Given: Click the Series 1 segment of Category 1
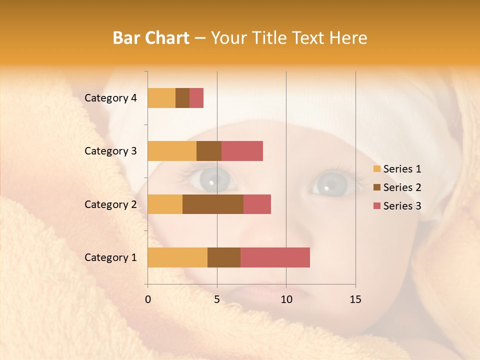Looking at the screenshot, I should pyautogui.click(x=177, y=257).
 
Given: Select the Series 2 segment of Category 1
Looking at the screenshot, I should pyautogui.click(x=224, y=257).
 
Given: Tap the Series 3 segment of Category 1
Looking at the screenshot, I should pyautogui.click(x=275, y=257).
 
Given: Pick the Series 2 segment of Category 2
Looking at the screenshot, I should pyautogui.click(x=213, y=204).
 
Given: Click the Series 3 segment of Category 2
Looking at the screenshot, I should pyautogui.click(x=257, y=204).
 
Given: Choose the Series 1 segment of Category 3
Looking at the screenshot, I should pyautogui.click(x=172, y=151).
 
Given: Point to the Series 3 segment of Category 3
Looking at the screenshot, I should pyautogui.click(x=242, y=151).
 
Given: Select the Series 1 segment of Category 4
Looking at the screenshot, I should pyautogui.click(x=161, y=98).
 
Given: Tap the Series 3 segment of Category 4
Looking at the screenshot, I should pyautogui.click(x=196, y=98).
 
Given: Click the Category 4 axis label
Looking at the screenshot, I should pyautogui.click(x=110, y=98).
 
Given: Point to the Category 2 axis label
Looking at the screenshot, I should pyautogui.click(x=110, y=204).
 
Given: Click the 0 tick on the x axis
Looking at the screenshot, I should pyautogui.click(x=148, y=299).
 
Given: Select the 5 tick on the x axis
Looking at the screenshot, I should pyautogui.click(x=217, y=299).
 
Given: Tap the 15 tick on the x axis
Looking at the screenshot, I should pyautogui.click(x=355, y=299).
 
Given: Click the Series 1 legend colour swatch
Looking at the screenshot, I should pyautogui.click(x=376, y=169).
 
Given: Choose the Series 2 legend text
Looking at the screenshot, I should pyautogui.click(x=402, y=187).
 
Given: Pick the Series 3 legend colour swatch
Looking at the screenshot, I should pyautogui.click(x=376, y=206).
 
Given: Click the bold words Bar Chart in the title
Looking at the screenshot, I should pyautogui.click(x=151, y=38).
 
